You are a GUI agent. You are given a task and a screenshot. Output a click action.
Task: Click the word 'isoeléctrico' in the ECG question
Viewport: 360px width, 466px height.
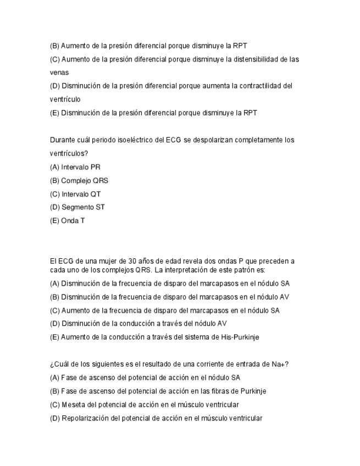135,140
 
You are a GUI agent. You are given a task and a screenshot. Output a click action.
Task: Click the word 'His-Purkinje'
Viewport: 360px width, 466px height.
240,337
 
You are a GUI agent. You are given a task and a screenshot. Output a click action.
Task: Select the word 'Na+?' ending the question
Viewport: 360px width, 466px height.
280,364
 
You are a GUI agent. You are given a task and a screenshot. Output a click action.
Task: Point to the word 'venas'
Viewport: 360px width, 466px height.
58,73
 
